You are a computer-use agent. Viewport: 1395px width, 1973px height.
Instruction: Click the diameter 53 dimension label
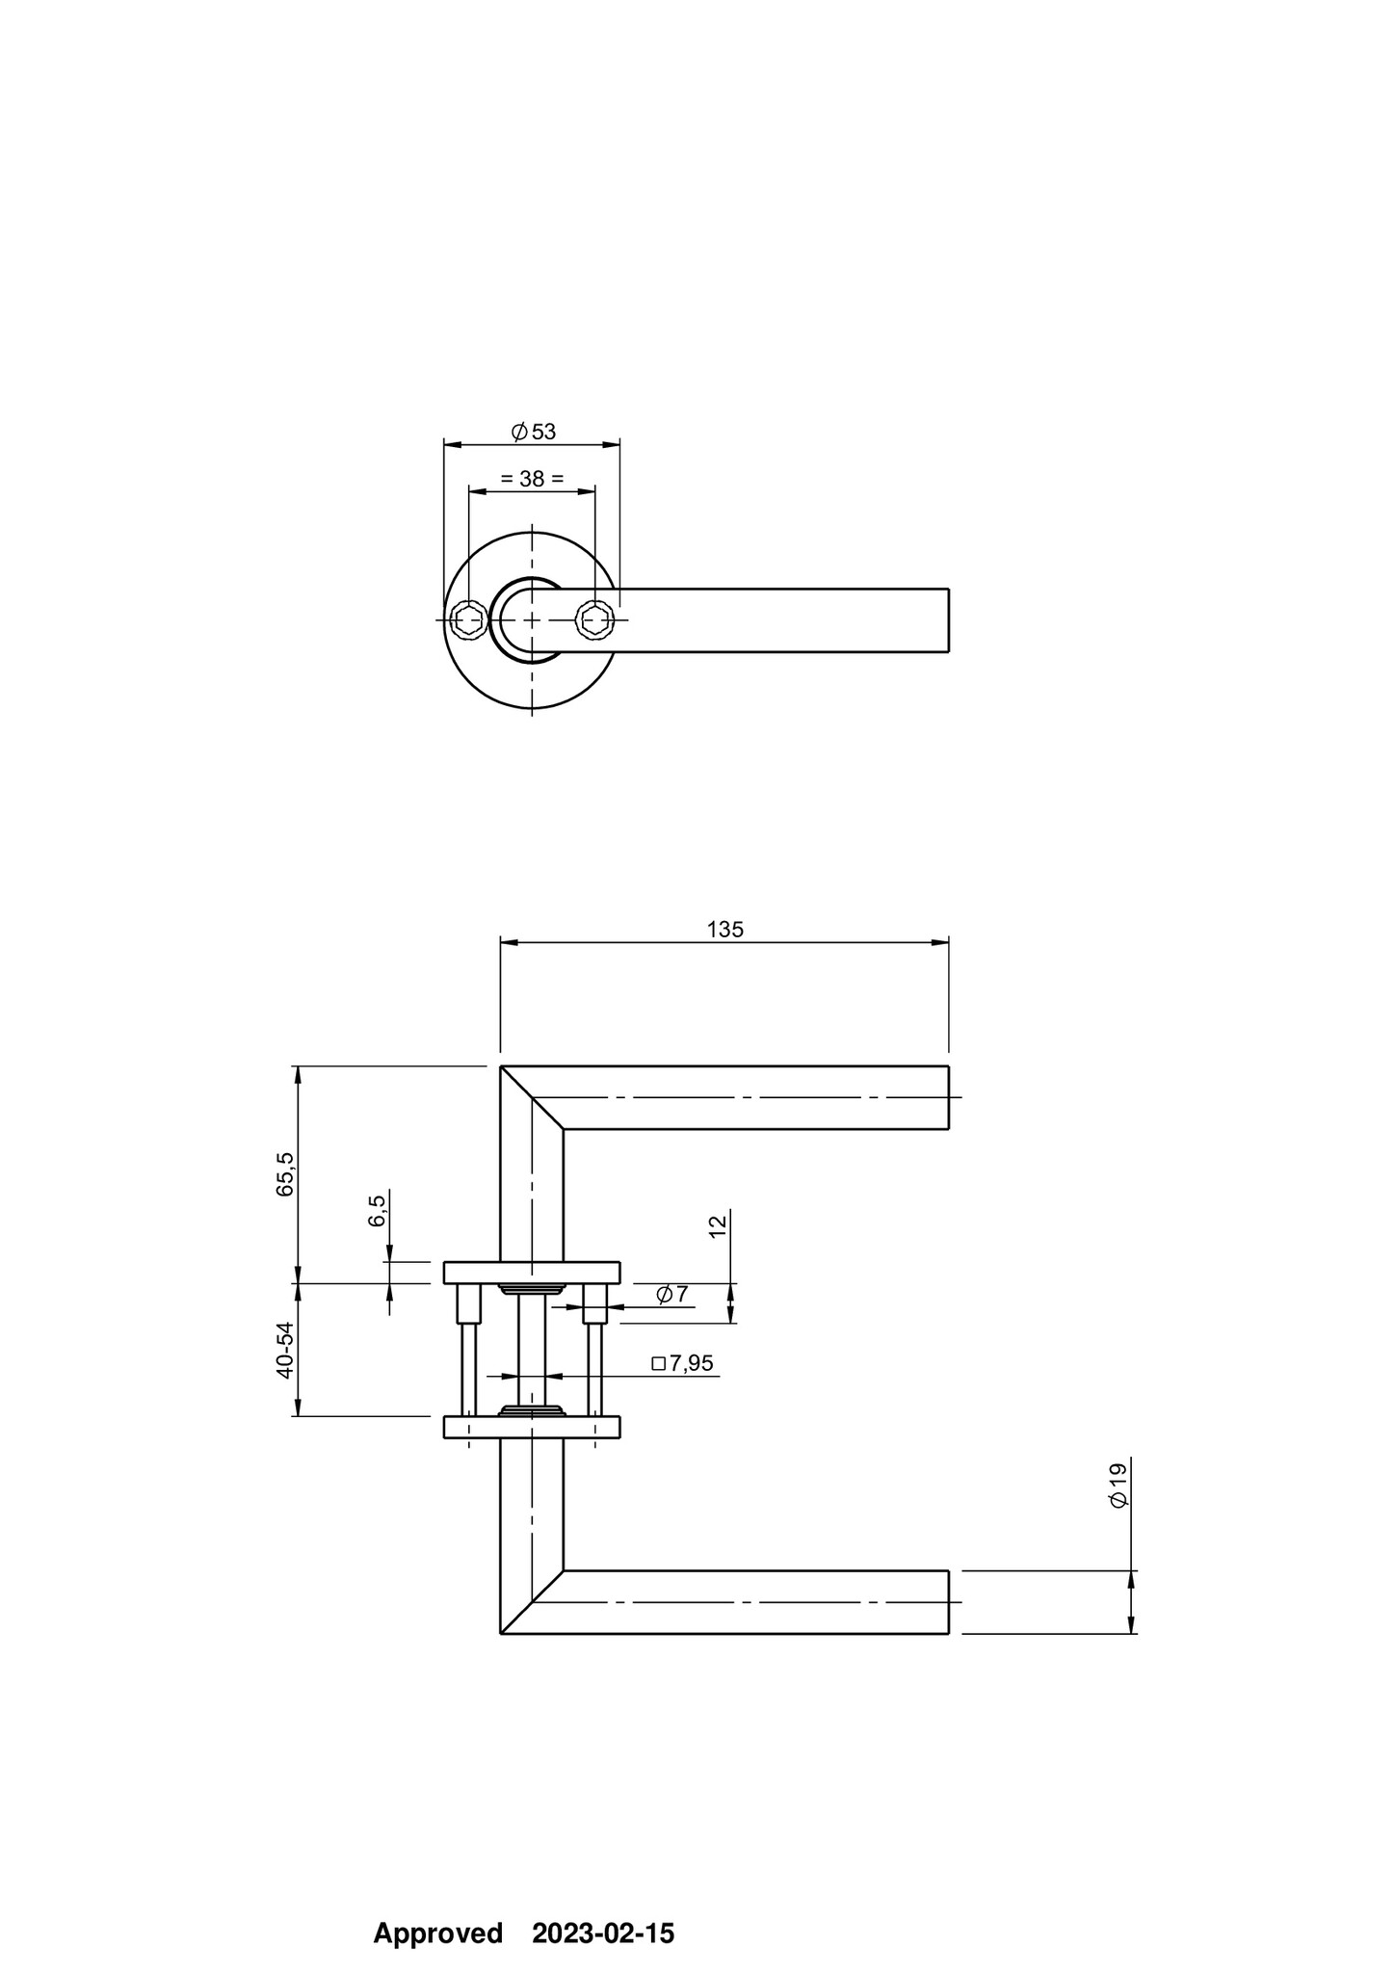pyautogui.click(x=534, y=432)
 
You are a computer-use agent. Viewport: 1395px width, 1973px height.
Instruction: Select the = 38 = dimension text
pyautogui.click(x=532, y=478)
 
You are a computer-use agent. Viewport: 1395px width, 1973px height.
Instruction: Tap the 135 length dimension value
pyautogui.click(x=725, y=930)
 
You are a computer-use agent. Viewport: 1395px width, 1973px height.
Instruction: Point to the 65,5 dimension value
pyautogui.click(x=285, y=1174)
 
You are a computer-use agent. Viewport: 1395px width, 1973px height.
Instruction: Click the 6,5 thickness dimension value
pyautogui.click(x=377, y=1210)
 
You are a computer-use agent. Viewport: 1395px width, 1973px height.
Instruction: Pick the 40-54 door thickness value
pyautogui.click(x=285, y=1351)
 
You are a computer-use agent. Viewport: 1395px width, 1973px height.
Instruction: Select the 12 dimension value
pyautogui.click(x=718, y=1225)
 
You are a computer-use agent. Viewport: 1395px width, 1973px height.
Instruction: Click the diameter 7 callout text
pyautogui.click(x=672, y=1294)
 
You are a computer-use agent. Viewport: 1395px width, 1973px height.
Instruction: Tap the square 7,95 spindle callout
pyautogui.click(x=683, y=1363)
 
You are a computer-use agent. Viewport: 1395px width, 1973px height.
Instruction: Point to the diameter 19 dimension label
pyautogui.click(x=1118, y=1486)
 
